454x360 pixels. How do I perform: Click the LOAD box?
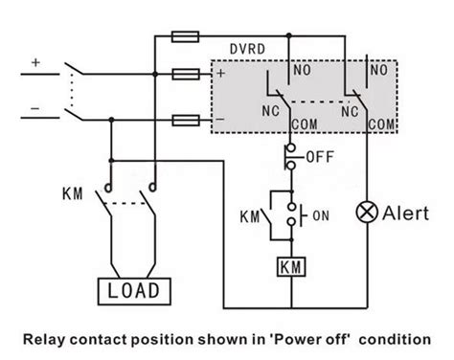[x=134, y=291]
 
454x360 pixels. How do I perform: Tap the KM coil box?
[x=291, y=266]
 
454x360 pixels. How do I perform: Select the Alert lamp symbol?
[x=367, y=212]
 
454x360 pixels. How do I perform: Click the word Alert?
[x=405, y=214]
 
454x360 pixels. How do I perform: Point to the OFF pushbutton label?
[x=320, y=157]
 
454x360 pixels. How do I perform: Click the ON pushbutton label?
[x=321, y=215]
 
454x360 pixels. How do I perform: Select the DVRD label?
[x=247, y=49]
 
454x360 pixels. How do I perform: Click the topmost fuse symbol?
[x=185, y=36]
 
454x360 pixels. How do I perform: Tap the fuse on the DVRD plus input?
[x=186, y=74]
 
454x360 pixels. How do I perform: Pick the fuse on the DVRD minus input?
[x=186, y=121]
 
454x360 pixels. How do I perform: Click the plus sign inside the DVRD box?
[x=220, y=73]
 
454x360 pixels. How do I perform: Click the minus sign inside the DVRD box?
[x=220, y=120]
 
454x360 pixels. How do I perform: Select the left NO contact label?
[x=302, y=70]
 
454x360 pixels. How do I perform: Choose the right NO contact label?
[x=379, y=70]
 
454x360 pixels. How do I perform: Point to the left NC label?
[x=271, y=111]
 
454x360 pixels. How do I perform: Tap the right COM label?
[x=381, y=124]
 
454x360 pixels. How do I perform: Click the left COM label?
[x=305, y=124]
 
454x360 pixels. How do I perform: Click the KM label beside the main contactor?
[x=73, y=193]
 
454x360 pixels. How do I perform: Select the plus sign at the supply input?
[x=35, y=62]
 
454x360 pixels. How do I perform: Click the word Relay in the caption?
[x=44, y=339]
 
